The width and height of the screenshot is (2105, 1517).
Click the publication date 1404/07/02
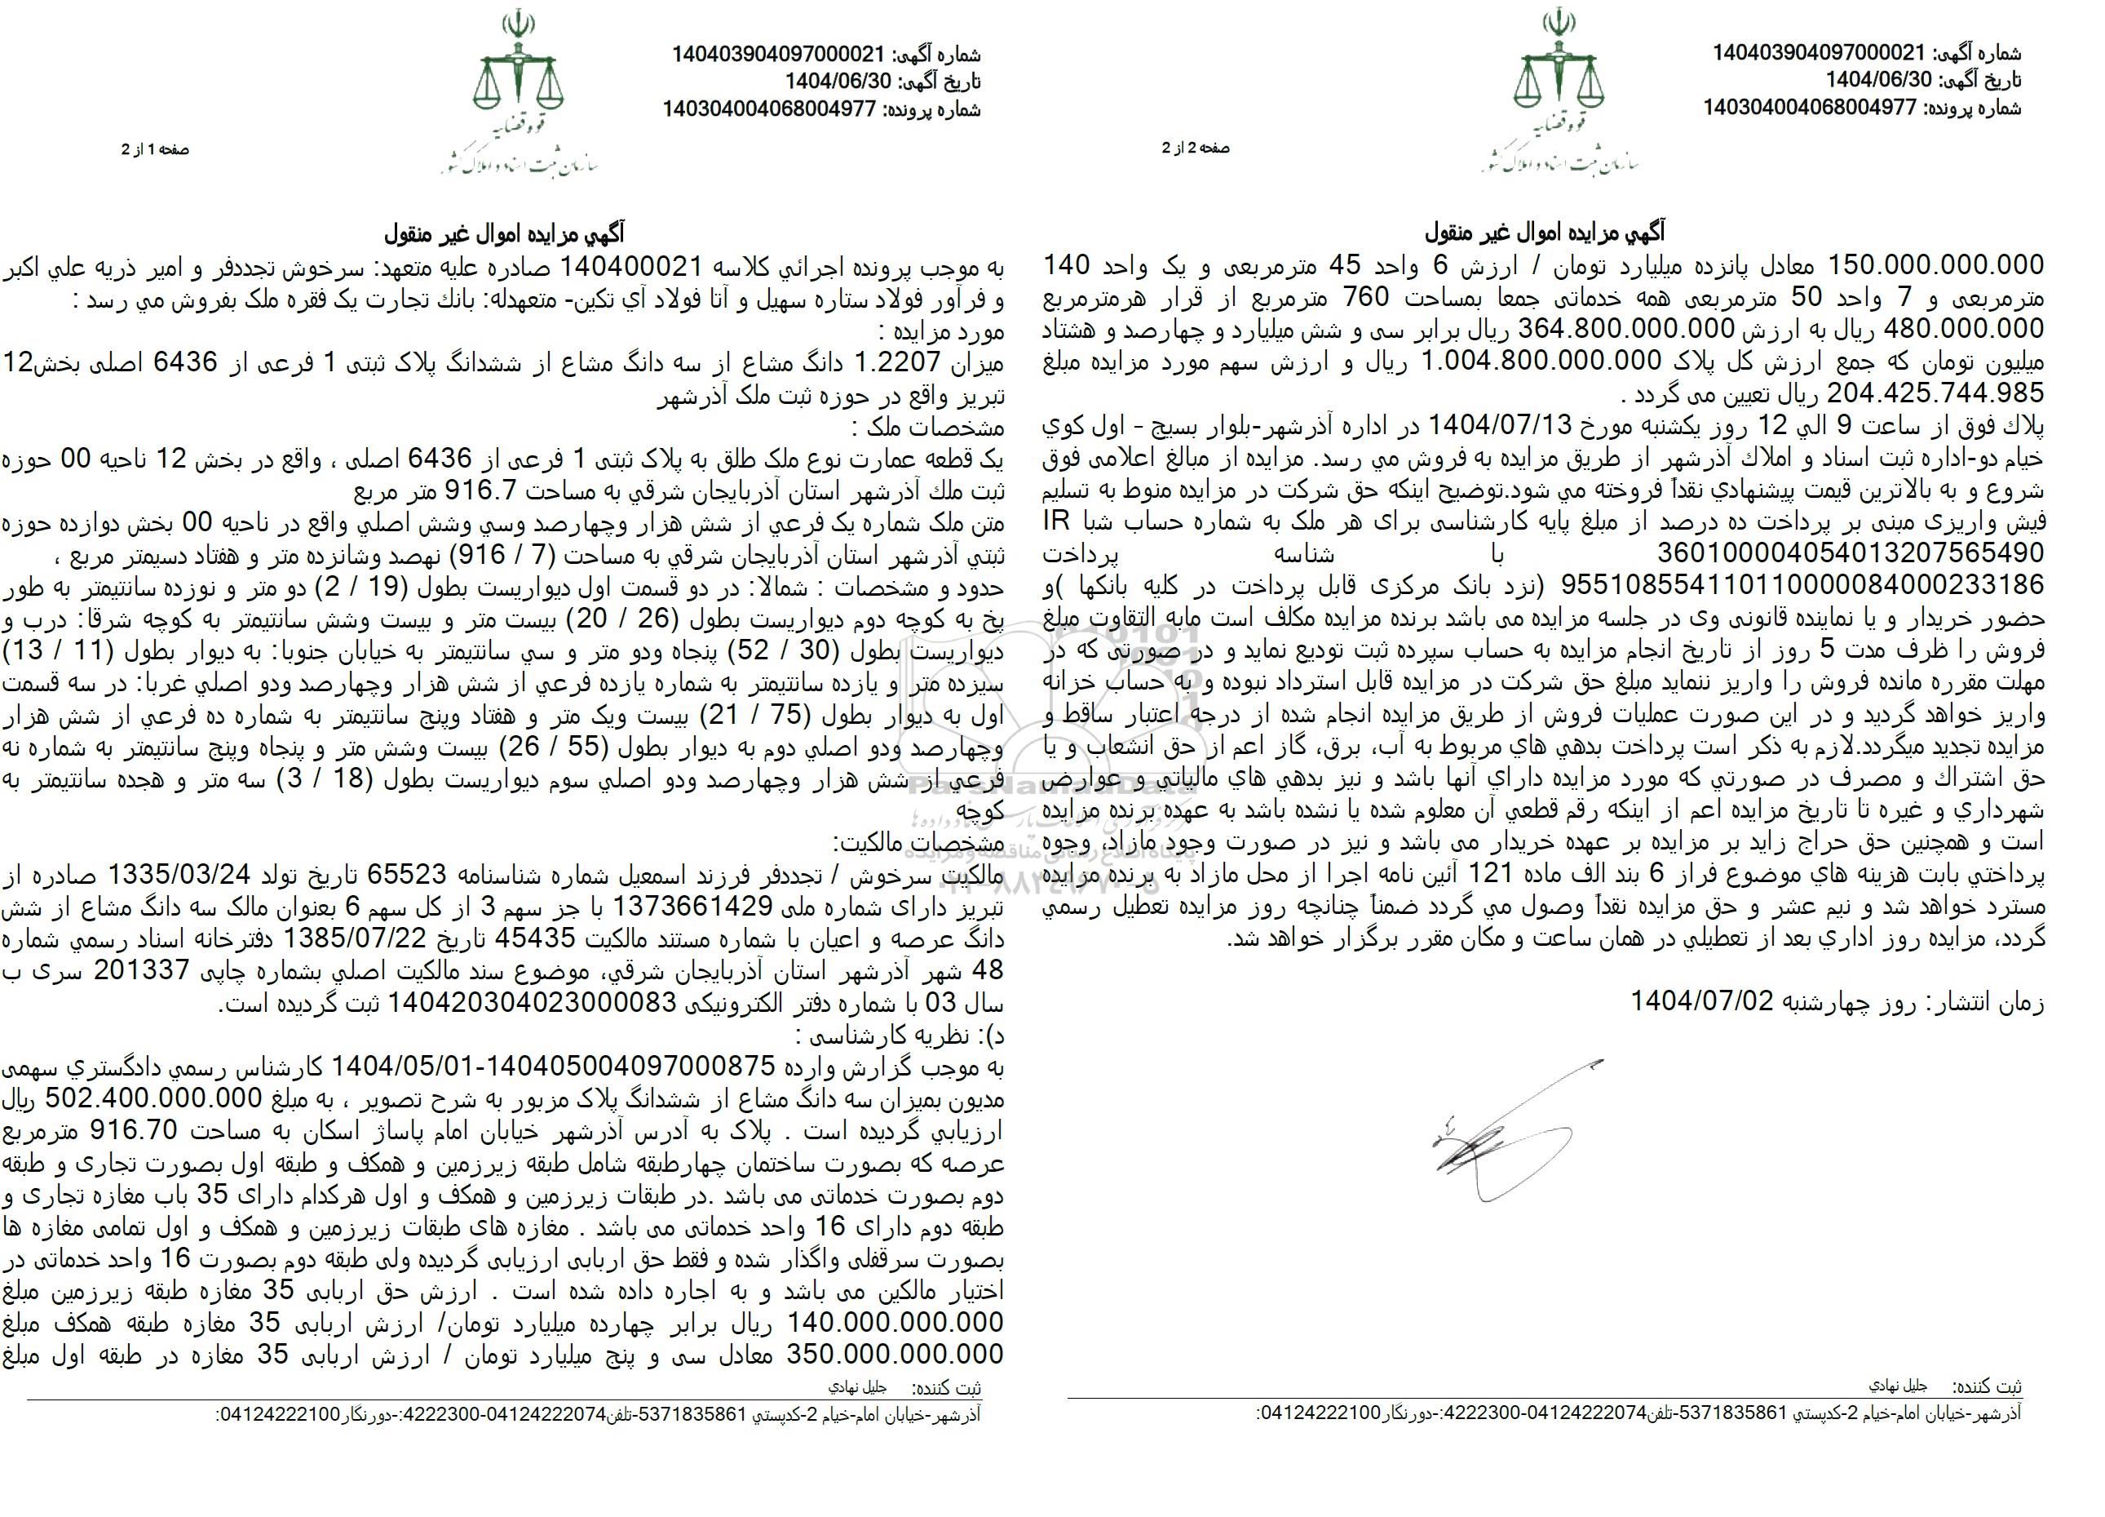1702,1002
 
